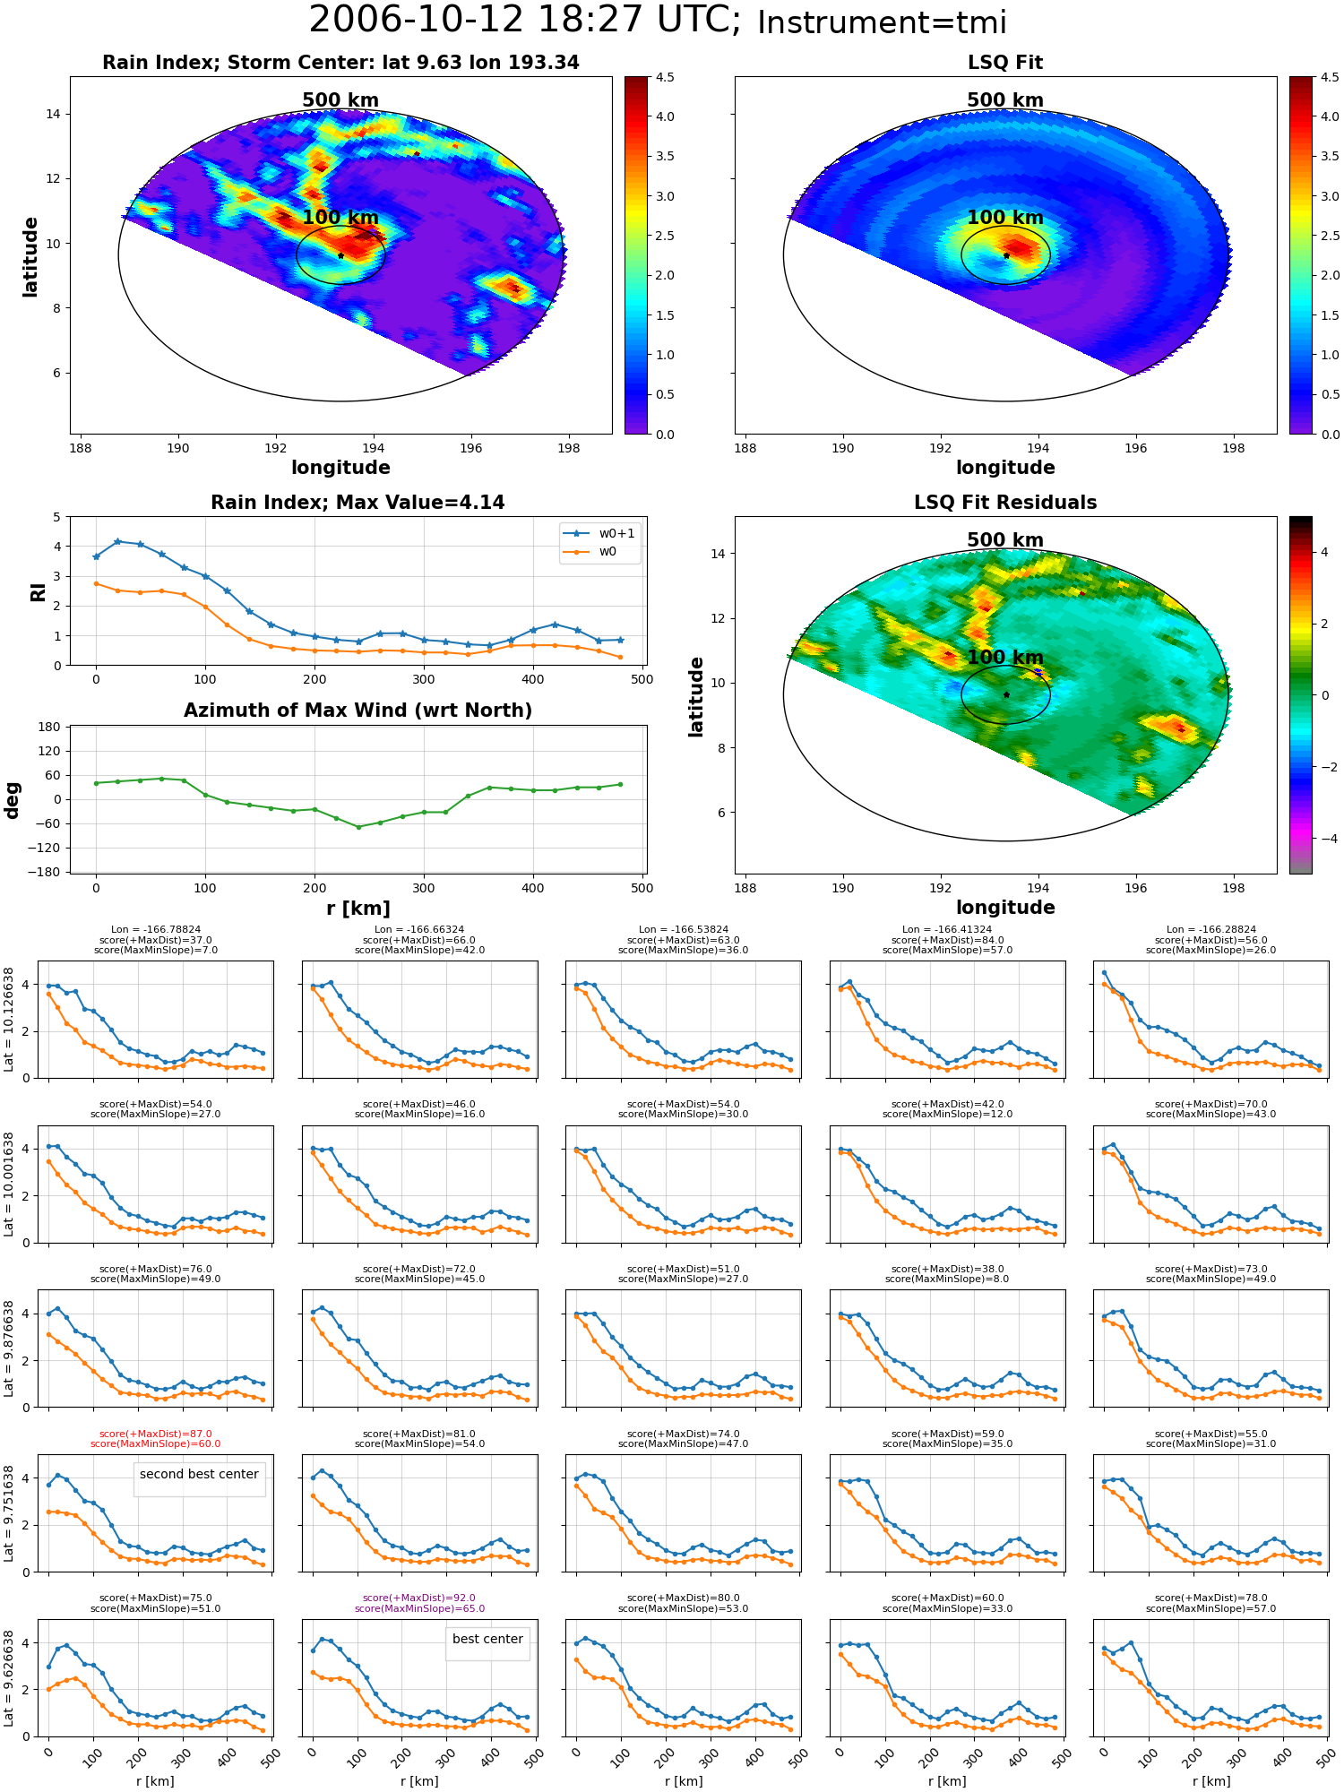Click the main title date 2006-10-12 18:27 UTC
click(x=524, y=21)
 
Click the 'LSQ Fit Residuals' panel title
click(x=1005, y=503)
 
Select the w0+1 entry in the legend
click(x=599, y=533)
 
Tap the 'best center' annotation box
click(x=487, y=1639)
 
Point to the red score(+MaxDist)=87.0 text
click(x=156, y=1434)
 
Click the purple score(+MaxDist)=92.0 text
click(x=419, y=1598)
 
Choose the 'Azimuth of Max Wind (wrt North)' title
click(x=358, y=711)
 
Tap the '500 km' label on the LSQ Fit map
click(x=1005, y=100)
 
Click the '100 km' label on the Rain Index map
click(x=340, y=218)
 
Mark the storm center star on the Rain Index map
click(x=340, y=255)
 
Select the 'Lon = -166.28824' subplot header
click(x=1211, y=929)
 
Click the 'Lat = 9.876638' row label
click(x=9, y=1348)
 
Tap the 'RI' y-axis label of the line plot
click(x=39, y=591)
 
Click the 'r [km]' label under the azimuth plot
click(x=358, y=909)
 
